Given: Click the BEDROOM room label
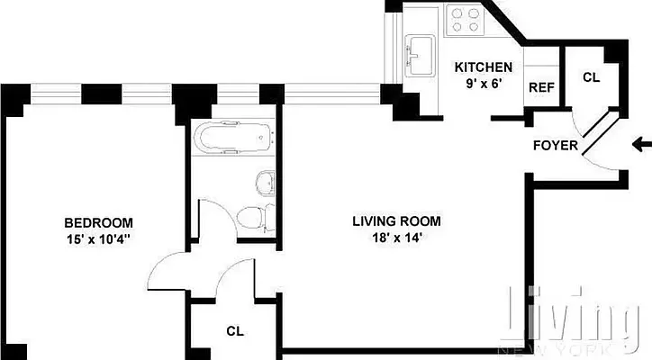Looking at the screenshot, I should [98, 222].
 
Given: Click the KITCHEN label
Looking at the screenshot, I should [483, 67].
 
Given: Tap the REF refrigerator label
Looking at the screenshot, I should [540, 87].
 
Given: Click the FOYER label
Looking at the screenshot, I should [556, 145].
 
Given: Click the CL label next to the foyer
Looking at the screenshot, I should [591, 77].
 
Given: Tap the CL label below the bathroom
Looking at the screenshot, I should [235, 330].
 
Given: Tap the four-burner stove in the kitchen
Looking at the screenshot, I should [465, 20].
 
